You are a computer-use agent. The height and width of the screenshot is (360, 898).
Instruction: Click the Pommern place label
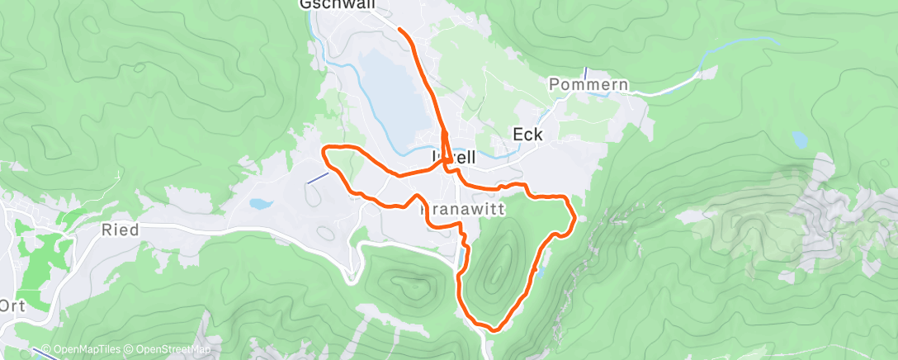588,85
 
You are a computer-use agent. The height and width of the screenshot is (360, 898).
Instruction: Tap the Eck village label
527,135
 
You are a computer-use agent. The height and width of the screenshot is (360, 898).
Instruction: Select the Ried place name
121,230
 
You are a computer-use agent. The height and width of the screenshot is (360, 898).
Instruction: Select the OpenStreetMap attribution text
170,349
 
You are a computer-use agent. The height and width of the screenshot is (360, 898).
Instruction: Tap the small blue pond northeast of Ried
259,203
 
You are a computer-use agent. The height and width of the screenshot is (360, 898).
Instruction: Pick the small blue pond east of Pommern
799,138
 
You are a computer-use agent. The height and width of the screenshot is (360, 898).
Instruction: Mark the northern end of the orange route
400,30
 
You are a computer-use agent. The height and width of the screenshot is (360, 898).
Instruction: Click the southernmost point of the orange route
494,329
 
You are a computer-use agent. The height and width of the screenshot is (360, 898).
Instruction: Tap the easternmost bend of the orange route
574,219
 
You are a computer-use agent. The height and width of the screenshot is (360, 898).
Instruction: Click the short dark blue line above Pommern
585,73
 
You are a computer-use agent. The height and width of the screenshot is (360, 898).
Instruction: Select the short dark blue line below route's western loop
316,178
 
